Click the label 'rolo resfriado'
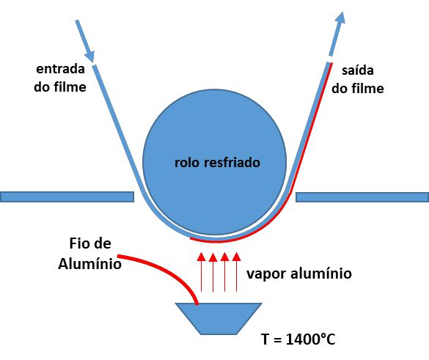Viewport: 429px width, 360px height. [217, 163]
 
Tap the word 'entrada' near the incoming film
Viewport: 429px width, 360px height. [60, 69]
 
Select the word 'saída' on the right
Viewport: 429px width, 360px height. [358, 70]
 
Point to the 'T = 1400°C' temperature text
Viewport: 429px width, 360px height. [298, 339]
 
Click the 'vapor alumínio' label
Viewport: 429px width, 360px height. [299, 273]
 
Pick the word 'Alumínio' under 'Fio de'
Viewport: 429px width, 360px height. [89, 264]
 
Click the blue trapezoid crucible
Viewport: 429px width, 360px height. [219, 319]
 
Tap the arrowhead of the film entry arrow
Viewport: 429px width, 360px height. [90, 56]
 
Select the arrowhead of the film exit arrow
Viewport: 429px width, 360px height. [340, 18]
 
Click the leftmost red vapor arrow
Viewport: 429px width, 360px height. [202, 272]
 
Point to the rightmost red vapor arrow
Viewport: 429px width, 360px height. [237, 272]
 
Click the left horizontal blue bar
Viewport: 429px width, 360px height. [67, 197]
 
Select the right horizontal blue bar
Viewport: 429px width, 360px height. [362, 197]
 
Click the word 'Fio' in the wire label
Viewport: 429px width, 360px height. [76, 243]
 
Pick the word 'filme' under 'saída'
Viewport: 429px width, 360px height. [367, 89]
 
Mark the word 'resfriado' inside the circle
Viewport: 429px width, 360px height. [232, 163]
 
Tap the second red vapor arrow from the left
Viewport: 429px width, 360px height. [213, 272]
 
